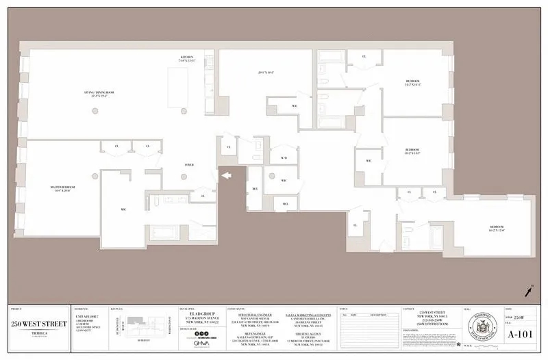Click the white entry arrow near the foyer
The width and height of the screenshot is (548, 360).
pos(225,177)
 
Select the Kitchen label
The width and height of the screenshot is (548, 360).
pos(187,58)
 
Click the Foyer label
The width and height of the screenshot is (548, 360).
pos(188,164)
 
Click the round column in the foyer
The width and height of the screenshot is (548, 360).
pos(184,177)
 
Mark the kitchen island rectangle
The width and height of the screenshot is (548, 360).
pos(184,88)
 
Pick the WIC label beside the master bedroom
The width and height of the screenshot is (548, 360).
pos(123,210)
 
